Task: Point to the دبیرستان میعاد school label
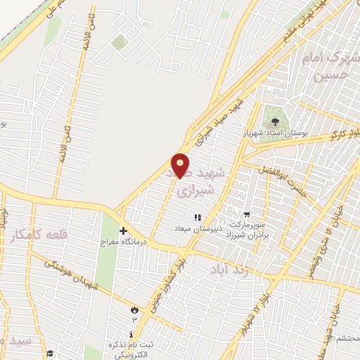point(198,229)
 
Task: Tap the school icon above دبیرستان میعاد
point(198,218)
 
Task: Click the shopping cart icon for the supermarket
point(247,214)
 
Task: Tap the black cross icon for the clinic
point(124,231)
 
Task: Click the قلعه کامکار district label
point(39,235)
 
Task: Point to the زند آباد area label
point(229,269)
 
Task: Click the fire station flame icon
point(134,309)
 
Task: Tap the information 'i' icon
point(131,334)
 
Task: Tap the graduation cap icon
point(49,354)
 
